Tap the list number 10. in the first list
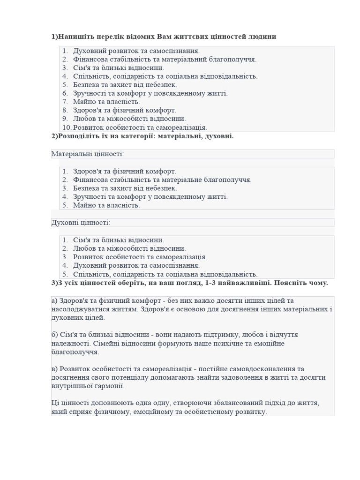pos(67,127)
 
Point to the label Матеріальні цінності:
pos(88,154)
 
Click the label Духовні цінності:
pos(81,223)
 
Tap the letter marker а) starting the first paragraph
pos(54,300)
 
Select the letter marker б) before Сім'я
pos(54,335)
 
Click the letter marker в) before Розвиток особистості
pos(54,369)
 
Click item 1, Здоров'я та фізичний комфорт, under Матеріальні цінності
pos(125,172)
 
